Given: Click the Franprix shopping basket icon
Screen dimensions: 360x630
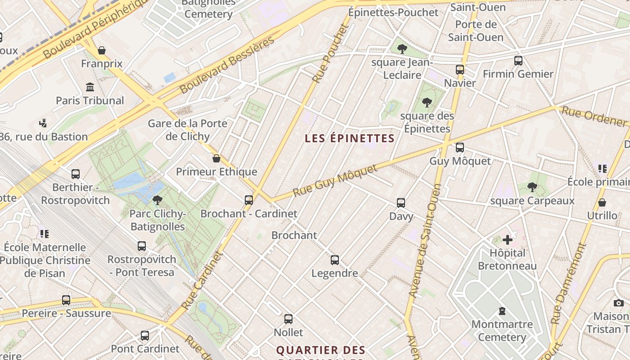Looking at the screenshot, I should [102, 50].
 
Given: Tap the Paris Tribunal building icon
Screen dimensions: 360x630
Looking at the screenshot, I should [90, 87].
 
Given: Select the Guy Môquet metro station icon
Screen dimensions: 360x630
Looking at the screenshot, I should [459, 148].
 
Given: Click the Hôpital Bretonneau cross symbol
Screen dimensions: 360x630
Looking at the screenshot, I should [508, 240].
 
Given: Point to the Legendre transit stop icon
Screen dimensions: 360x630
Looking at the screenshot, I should [335, 260].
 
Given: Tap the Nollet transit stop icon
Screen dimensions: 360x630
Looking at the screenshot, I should [288, 319].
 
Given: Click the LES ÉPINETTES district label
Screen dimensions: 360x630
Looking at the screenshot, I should [350, 138].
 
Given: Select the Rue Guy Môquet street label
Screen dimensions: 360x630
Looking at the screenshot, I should [335, 180].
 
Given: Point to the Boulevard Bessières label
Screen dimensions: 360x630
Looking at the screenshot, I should [227, 65].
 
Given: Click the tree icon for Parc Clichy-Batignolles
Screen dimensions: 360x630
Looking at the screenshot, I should [157, 200].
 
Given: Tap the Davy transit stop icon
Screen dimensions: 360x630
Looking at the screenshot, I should [401, 203].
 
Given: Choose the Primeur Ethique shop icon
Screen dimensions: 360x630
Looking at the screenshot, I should [216, 158].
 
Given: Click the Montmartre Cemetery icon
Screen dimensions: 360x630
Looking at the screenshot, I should [502, 311].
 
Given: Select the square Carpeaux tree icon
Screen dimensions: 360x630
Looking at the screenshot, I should [532, 187].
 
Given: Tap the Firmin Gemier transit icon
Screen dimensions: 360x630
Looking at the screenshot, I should [518, 60].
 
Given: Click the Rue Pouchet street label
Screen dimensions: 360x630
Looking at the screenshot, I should [331, 53].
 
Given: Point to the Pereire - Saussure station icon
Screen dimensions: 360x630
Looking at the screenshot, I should [66, 300].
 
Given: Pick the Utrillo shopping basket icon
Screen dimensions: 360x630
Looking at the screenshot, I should [602, 202].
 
